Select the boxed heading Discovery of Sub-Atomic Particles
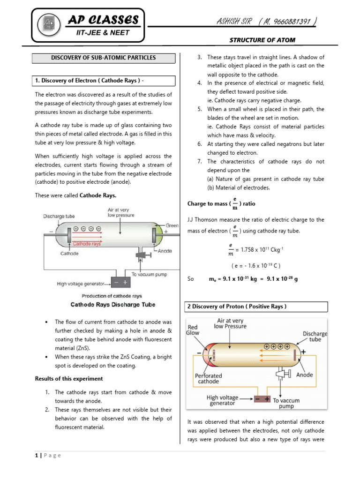click(x=103, y=58)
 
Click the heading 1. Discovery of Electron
click(x=89, y=81)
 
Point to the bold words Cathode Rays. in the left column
click(x=98, y=195)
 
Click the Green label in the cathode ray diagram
click(x=172, y=226)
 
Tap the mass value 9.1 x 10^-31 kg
click(x=233, y=279)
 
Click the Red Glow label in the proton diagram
click(x=193, y=330)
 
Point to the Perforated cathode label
click(x=209, y=379)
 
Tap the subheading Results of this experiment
click(x=69, y=379)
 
